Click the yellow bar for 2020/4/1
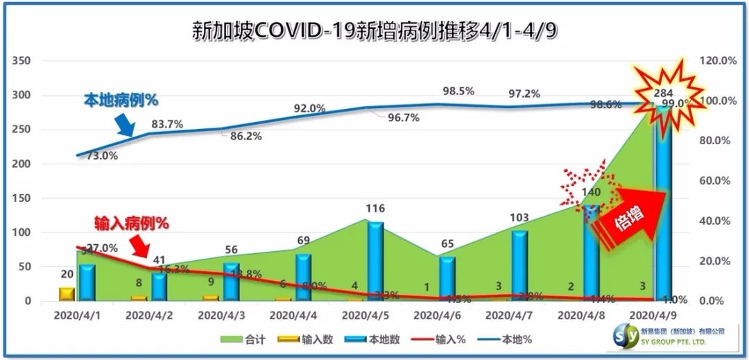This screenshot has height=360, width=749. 67,294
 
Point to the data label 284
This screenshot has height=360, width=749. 666,94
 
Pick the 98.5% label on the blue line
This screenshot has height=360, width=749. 458,91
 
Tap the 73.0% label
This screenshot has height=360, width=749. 102,156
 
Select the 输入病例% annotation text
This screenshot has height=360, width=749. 132,223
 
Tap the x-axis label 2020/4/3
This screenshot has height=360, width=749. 221,315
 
